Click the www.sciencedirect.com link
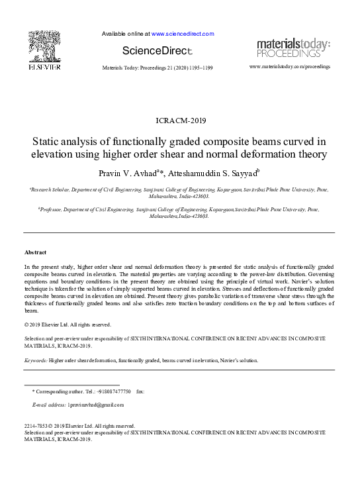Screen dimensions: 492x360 pos(183,33)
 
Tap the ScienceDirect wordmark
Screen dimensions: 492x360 pos(157,50)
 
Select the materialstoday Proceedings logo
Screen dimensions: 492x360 pos(292,48)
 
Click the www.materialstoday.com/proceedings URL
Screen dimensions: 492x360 pos(290,67)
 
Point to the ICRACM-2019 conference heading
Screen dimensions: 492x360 pos(179,121)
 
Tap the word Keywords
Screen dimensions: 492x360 pos(35,360)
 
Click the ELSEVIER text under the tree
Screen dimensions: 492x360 pos(44,68)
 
